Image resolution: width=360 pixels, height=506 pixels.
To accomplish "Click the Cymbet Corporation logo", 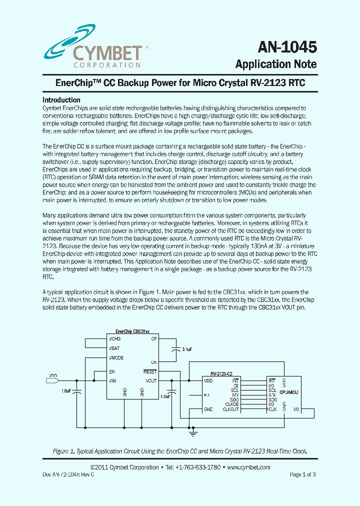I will point(92,44).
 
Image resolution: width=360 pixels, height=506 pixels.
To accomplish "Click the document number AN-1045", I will point(287,47).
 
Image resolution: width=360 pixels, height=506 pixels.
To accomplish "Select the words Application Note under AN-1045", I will point(275,64).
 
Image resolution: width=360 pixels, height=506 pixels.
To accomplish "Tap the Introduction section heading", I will point(61,100).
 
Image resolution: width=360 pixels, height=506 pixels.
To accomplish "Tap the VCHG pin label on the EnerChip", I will point(115,339).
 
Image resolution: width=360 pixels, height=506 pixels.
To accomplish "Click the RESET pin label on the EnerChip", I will point(150,371).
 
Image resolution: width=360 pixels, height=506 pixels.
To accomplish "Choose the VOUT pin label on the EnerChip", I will point(151,380).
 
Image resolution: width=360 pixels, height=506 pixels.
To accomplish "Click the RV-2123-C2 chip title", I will point(221,373).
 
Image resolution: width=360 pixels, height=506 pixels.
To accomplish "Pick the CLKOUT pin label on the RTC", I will point(231,409).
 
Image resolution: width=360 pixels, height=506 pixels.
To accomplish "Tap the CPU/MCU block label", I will point(288,393).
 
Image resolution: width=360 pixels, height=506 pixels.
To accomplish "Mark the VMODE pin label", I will point(116,358).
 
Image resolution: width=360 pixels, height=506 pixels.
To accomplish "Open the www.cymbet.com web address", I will point(248,467).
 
